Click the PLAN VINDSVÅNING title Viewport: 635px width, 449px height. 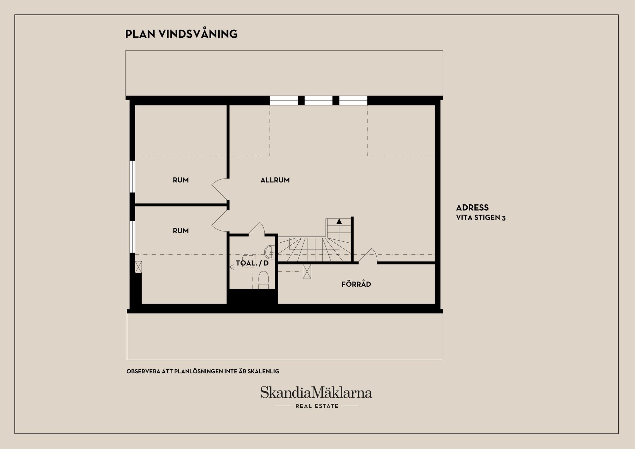click(x=181, y=34)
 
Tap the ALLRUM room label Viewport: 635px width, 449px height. click(x=275, y=180)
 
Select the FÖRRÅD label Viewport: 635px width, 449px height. click(x=356, y=284)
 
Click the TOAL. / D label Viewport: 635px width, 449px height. click(x=252, y=264)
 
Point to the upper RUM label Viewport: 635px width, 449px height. click(x=181, y=180)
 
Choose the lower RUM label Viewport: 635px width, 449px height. click(x=181, y=231)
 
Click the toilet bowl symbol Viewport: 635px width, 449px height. click(x=264, y=280)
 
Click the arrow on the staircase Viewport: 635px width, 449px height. click(x=339, y=222)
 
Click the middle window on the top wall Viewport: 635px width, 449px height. click(x=318, y=101)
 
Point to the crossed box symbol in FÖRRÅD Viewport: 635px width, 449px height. click(x=307, y=271)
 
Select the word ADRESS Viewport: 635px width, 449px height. click(x=472, y=208)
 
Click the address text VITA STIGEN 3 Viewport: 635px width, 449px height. click(x=481, y=218)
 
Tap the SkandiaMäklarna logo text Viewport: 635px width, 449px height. click(x=316, y=392)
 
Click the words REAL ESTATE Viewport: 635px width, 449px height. click(x=317, y=406)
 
